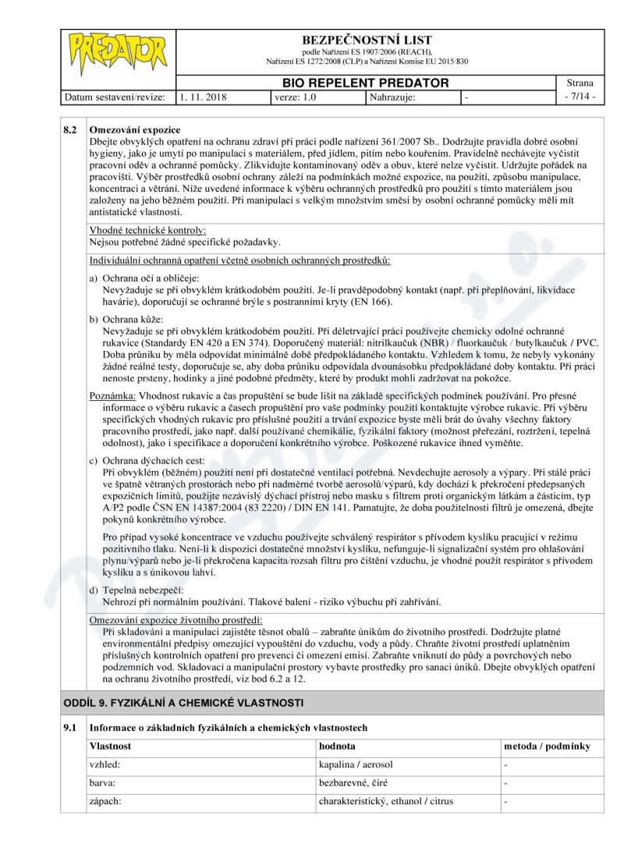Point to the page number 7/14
point(580,97)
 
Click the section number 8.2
point(69,128)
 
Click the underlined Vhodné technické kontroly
point(147,231)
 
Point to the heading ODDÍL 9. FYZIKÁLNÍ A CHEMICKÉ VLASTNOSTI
point(183,703)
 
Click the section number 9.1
point(69,728)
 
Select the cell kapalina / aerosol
point(356,764)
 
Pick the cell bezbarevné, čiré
point(354,782)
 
